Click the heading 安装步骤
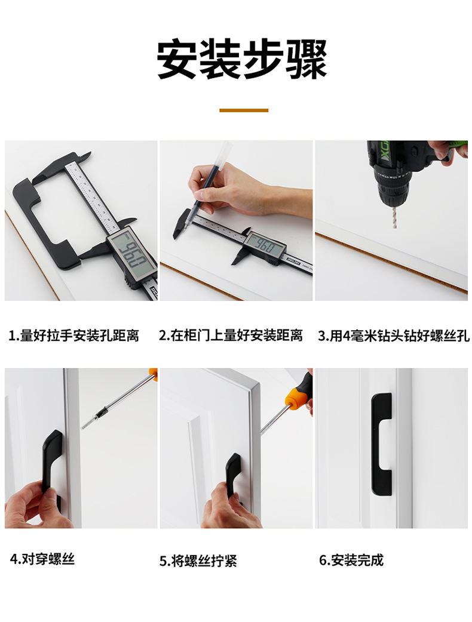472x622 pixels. pos(242,58)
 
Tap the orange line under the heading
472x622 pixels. pos(244,110)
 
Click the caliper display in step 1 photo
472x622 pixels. pos(131,256)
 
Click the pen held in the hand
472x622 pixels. pos(208,183)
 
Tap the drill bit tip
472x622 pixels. pos(394,226)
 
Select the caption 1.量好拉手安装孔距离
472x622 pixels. pos(74,335)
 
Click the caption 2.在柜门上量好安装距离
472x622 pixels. pos(231,335)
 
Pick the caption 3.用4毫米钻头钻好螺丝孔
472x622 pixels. pos(394,335)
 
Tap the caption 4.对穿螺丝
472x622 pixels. pos(42,559)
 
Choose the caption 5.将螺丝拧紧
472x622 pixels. pos(198,561)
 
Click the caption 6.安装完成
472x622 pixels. pos(351,560)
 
